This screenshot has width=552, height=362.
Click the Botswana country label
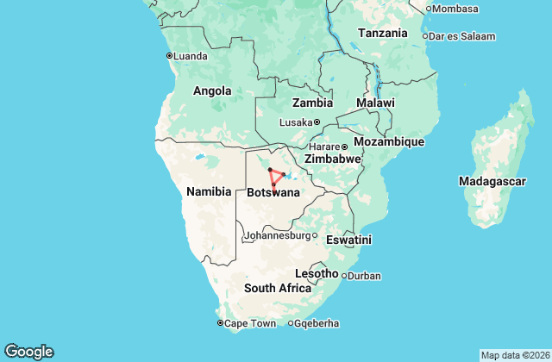click(x=273, y=192)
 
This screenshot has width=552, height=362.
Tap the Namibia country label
click(x=208, y=191)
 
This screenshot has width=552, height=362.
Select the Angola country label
click(x=211, y=90)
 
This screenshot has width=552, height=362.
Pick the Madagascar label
click(x=492, y=181)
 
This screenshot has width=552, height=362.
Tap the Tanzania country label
click(x=382, y=33)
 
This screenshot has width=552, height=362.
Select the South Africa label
click(x=277, y=288)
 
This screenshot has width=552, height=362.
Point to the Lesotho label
click(x=317, y=273)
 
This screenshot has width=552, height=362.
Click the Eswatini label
click(x=348, y=240)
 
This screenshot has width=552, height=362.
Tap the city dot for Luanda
click(x=169, y=56)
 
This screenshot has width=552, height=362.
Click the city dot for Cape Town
click(x=219, y=323)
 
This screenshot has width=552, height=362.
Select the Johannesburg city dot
click(x=315, y=235)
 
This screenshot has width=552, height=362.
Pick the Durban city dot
click(x=344, y=276)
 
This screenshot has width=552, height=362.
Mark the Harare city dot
click(x=344, y=146)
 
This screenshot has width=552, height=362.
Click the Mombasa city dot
click(x=429, y=9)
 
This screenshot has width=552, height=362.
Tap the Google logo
click(x=28, y=351)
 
